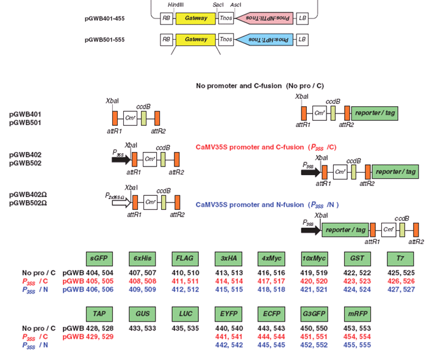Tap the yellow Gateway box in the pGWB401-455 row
pyautogui.click(x=195, y=18)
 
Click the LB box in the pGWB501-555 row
pyautogui.click(x=302, y=40)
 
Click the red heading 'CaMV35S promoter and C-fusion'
pyautogui.click(x=266, y=147)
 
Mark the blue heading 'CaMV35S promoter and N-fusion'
pyautogui.click(x=267, y=204)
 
